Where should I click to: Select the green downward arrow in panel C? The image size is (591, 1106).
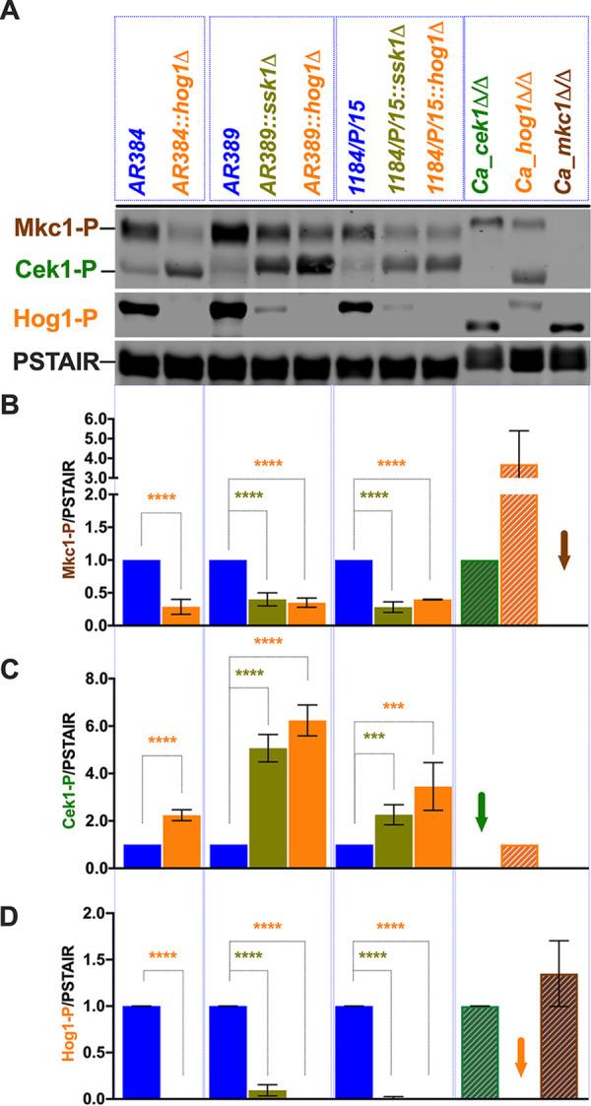point(481,810)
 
